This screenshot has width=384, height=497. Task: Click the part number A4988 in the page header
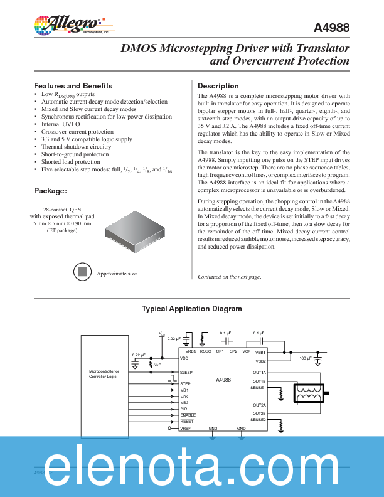pyautogui.click(x=332, y=28)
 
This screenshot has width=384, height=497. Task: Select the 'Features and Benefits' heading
pyautogui.click(x=73, y=86)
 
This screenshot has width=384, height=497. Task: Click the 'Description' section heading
pyautogui.click(x=218, y=86)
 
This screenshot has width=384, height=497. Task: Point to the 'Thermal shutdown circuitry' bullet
pyautogui.click(x=76, y=147)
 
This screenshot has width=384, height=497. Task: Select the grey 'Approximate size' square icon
pyautogui.click(x=81, y=272)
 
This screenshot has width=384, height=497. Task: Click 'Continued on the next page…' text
pyautogui.click(x=231, y=277)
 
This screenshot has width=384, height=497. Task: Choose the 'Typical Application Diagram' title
pyautogui.click(x=191, y=309)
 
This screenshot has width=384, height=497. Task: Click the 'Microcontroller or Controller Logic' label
pyautogui.click(x=103, y=374)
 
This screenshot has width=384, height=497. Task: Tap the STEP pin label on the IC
pyautogui.click(x=185, y=383)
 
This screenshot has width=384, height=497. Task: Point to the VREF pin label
pyautogui.click(x=186, y=428)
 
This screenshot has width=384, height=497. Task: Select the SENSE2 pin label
pyautogui.click(x=258, y=420)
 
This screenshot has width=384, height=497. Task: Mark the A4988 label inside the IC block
pyautogui.click(x=223, y=380)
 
